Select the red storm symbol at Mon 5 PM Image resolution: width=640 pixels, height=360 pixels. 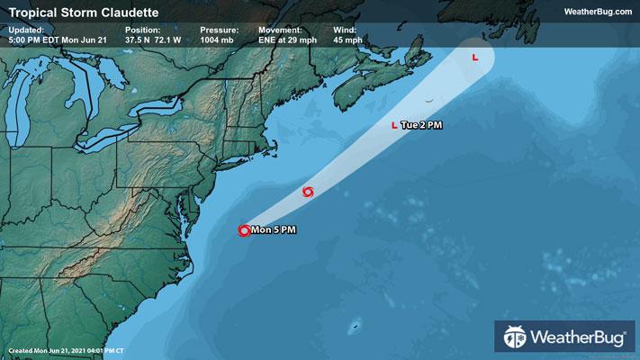click(243, 230)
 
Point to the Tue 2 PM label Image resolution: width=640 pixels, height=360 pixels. click(421, 125)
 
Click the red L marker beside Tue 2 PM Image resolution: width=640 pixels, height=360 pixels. click(394, 125)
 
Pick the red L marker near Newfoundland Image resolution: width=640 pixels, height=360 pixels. click(474, 58)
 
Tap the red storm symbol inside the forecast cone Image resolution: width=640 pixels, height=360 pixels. click(309, 191)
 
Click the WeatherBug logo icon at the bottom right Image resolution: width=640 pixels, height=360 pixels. click(515, 339)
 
